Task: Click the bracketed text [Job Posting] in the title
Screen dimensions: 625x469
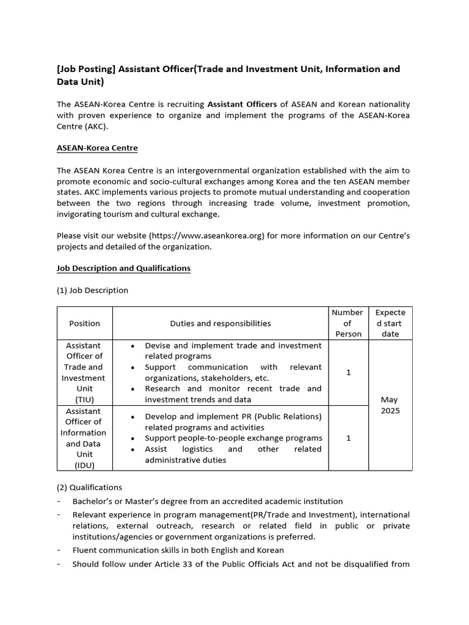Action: click(x=85, y=69)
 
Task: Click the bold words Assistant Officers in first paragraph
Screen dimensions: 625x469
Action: click(x=242, y=104)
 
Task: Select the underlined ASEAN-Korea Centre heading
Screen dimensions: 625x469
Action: click(x=97, y=148)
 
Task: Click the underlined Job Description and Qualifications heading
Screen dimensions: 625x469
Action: click(x=123, y=268)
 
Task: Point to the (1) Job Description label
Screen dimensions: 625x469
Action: click(x=92, y=290)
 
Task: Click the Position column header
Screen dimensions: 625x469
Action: click(x=85, y=323)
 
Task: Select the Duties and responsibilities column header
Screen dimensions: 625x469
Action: click(x=220, y=323)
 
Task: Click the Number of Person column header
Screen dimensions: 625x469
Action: click(x=348, y=323)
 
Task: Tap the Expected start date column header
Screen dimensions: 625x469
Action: click(x=390, y=323)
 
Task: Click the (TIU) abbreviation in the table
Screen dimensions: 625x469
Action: click(x=85, y=399)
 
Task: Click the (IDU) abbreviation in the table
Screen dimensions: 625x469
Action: click(x=85, y=465)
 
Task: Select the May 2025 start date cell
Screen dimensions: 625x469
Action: click(x=390, y=405)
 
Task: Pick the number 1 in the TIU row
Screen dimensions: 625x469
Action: click(x=348, y=372)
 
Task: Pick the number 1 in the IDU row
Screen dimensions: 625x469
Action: click(x=348, y=438)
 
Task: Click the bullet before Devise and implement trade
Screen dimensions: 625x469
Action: click(x=133, y=346)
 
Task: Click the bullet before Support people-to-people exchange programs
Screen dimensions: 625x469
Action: click(x=133, y=438)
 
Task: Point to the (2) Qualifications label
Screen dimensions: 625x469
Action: click(x=89, y=487)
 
